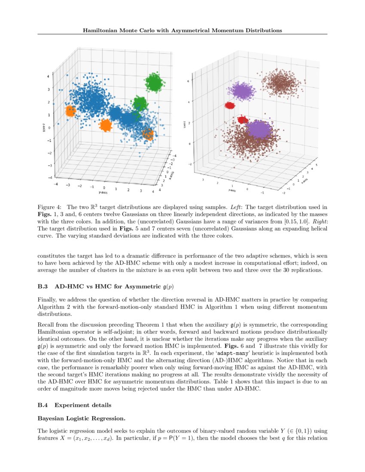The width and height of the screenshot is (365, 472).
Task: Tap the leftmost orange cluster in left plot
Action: point(70,111)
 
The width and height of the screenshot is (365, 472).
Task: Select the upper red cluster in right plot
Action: point(230,105)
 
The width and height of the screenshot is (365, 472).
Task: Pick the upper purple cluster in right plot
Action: point(242,91)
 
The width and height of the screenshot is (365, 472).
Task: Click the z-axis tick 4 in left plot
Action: point(49,76)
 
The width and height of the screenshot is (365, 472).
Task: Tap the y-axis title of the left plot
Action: point(103,193)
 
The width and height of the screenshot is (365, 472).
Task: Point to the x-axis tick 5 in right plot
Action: point(316,164)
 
